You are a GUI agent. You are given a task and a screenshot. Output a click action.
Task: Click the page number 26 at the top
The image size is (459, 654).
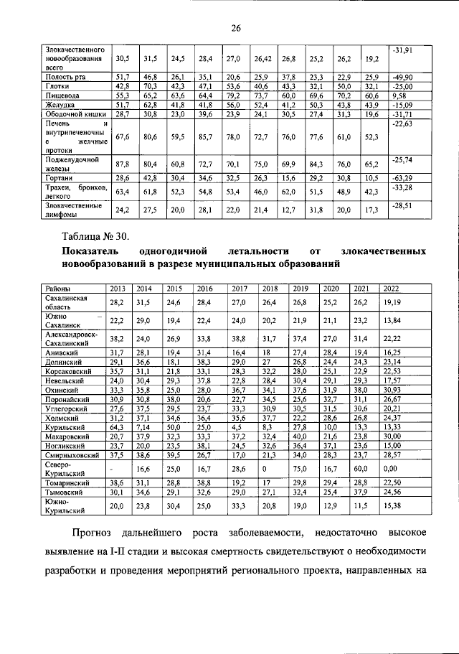(x=234, y=28)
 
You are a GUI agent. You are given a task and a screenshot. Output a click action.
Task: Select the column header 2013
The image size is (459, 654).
(x=116, y=288)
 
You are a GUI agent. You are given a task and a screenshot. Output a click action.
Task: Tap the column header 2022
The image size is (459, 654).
(x=392, y=288)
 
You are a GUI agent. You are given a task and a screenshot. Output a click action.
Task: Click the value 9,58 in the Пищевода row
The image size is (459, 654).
(x=399, y=95)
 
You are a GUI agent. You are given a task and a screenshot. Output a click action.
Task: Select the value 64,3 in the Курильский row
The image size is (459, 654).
(x=116, y=427)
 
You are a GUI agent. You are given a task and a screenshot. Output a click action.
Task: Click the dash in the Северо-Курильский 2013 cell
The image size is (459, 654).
(x=116, y=468)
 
